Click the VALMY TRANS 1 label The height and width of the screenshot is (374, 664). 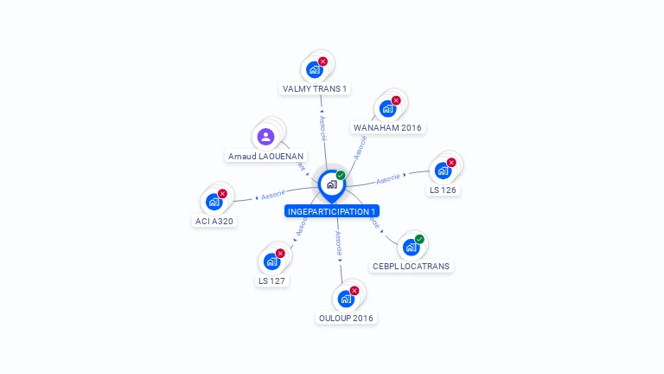(x=315, y=88)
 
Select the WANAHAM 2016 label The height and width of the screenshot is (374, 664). (x=387, y=127)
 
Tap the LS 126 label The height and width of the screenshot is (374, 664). (x=443, y=190)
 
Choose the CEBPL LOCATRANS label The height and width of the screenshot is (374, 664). (x=411, y=266)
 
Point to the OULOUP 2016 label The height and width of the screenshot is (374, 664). (x=346, y=318)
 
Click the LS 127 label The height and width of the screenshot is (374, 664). (x=272, y=280)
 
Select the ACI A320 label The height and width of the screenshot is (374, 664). (x=214, y=221)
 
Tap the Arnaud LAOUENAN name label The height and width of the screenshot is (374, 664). (x=265, y=156)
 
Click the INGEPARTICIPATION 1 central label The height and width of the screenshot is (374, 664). (x=332, y=211)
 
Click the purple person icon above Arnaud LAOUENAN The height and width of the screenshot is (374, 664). (x=265, y=136)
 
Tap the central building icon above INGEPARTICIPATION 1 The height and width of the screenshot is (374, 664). (x=331, y=184)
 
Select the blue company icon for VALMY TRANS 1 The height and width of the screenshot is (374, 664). (x=314, y=69)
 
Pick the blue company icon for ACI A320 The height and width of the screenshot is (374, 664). (x=214, y=202)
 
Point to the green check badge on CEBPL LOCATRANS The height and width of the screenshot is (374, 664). (x=419, y=239)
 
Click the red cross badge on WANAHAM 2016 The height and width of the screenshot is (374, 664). (x=396, y=100)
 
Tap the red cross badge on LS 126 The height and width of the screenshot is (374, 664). (x=451, y=163)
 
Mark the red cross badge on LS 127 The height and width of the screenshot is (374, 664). (x=280, y=253)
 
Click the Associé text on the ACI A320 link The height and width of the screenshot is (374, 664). (x=273, y=195)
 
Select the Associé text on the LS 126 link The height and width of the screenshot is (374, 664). (x=388, y=178)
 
